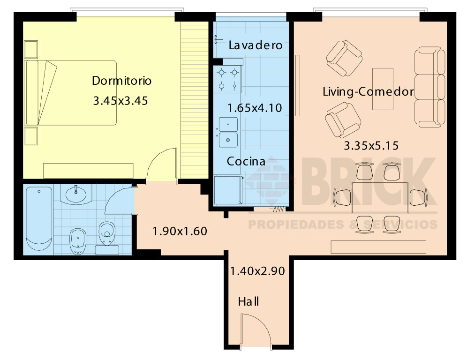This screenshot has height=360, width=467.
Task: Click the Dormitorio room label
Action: [x=121, y=81]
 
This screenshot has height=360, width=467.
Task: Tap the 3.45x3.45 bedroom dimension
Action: [x=121, y=101]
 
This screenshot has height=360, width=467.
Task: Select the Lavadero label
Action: [x=255, y=45]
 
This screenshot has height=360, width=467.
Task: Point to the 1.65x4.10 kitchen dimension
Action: [x=254, y=108]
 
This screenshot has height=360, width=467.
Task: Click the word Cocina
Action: [x=246, y=161]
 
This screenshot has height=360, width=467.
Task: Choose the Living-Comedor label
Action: [x=369, y=92]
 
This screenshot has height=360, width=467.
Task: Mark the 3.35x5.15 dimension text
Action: [x=371, y=146]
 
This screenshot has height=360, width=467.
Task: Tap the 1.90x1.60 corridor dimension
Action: [x=180, y=231]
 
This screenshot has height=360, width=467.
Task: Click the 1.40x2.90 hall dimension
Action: [x=257, y=271]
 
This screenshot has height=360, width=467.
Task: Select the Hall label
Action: [x=249, y=301]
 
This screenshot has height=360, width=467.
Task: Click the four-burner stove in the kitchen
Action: [x=227, y=79]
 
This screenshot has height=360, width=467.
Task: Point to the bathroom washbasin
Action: [x=76, y=194]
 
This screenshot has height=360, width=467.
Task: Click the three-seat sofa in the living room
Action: [x=430, y=87]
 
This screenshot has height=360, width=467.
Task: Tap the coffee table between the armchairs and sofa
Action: [x=383, y=89]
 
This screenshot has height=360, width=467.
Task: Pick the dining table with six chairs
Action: [x=380, y=198]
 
